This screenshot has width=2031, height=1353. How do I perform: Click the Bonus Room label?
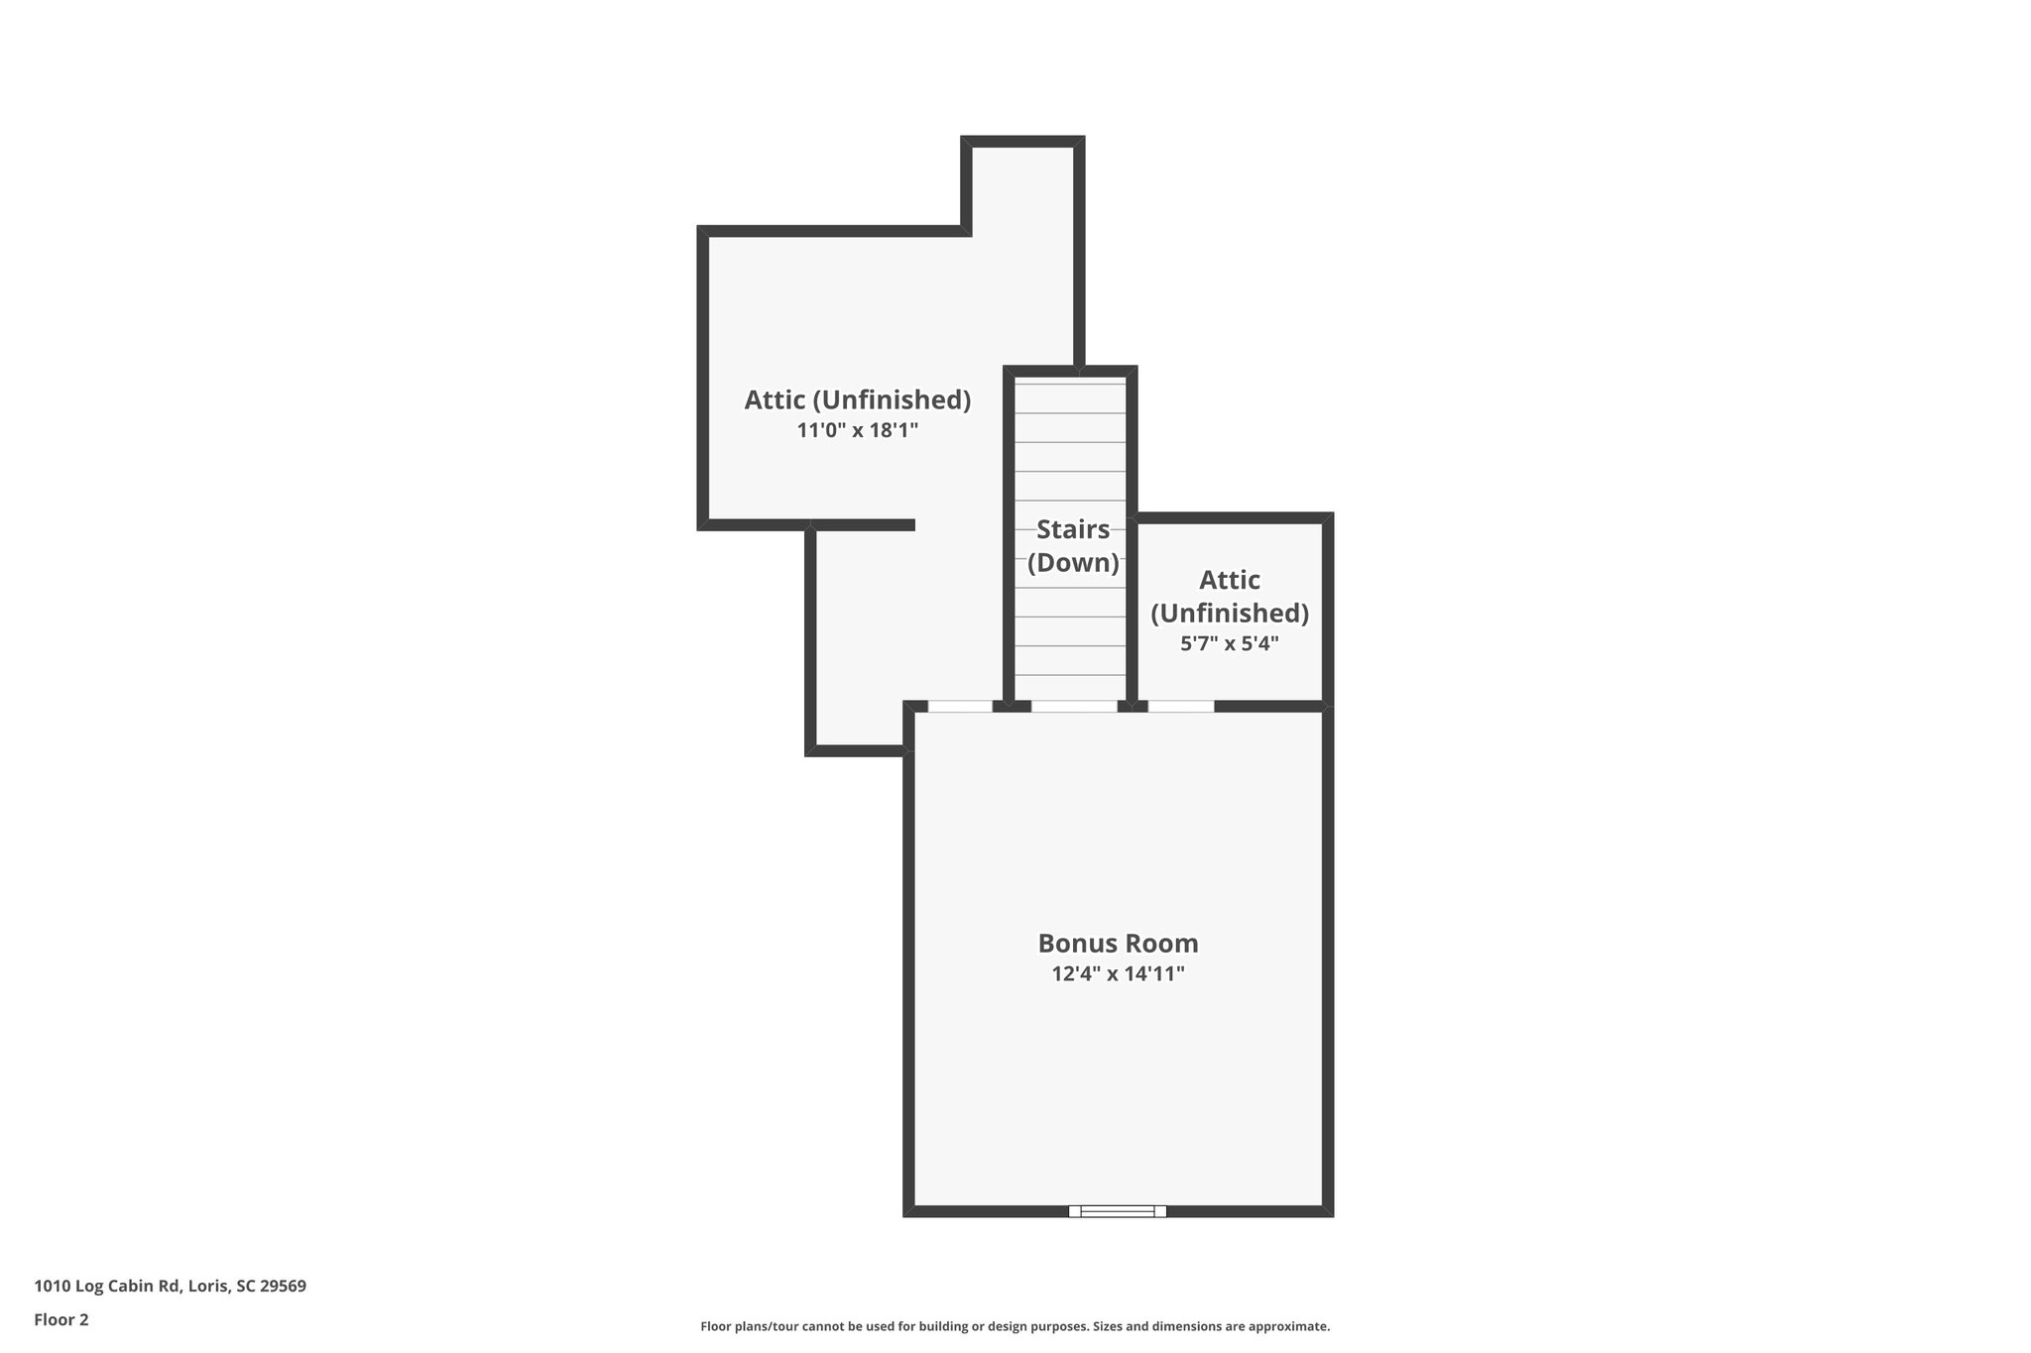pos(1118,943)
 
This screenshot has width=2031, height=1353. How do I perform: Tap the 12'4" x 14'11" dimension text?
pos(1118,973)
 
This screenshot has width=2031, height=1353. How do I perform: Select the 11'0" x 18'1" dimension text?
pos(858,430)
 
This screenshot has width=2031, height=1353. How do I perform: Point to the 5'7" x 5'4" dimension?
pos(1229,643)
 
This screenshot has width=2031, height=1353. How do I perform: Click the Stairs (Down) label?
pos(1073,546)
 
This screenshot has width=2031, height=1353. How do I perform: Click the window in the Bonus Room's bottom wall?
pos(1118,1210)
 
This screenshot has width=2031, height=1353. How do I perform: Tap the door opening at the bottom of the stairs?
pos(1074,706)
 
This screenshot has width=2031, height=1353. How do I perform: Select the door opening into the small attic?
pos(1180,706)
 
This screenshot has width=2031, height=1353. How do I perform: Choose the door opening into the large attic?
pos(959,706)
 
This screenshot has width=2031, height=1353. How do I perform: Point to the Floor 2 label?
pos(61,1319)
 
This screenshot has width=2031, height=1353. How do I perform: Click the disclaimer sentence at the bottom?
pos(1015,1326)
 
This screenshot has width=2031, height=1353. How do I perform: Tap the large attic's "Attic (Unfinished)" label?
pos(858,399)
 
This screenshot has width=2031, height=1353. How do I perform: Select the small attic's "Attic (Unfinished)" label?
pos(1229,596)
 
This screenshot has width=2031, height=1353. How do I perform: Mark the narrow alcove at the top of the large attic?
pos(1022,188)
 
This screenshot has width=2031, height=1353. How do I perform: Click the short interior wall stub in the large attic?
pos(863,524)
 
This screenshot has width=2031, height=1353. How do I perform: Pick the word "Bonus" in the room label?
pos(1073,943)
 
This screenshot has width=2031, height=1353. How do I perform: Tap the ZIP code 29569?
pos(283,1286)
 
